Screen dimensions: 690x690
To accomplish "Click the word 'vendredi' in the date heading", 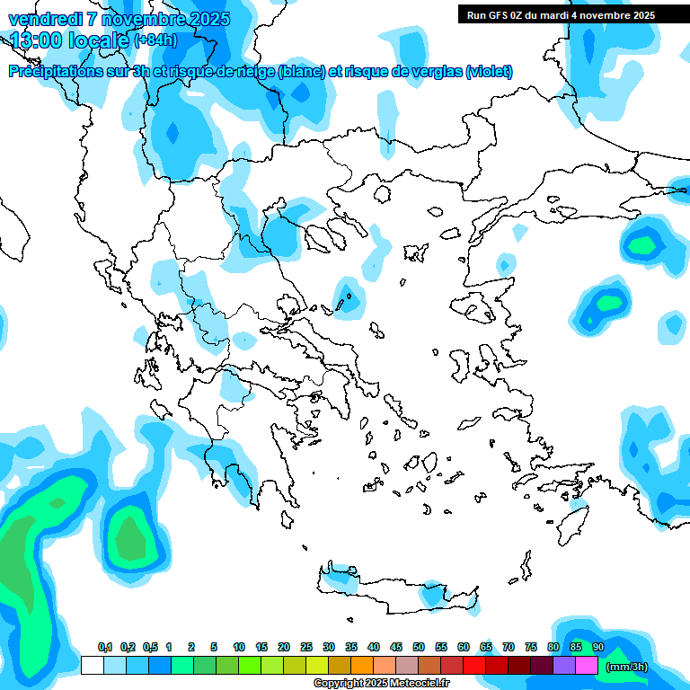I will [x=43, y=19].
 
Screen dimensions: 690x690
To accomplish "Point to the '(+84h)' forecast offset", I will [x=155, y=40].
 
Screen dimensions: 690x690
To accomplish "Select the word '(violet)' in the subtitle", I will [x=490, y=71].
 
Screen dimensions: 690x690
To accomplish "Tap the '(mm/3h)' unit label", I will [x=626, y=667].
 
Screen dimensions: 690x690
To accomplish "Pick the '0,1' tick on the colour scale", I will [x=105, y=647].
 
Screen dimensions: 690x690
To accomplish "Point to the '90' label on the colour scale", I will [x=598, y=647].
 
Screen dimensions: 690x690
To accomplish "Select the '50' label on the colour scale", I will [x=419, y=647].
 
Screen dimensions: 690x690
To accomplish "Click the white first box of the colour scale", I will [x=92, y=666].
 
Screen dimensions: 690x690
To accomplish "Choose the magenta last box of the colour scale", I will [x=587, y=666].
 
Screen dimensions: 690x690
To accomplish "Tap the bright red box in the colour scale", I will [x=474, y=666].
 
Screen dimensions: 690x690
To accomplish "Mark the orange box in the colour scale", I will [x=362, y=666].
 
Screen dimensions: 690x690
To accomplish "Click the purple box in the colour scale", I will [x=564, y=666].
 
